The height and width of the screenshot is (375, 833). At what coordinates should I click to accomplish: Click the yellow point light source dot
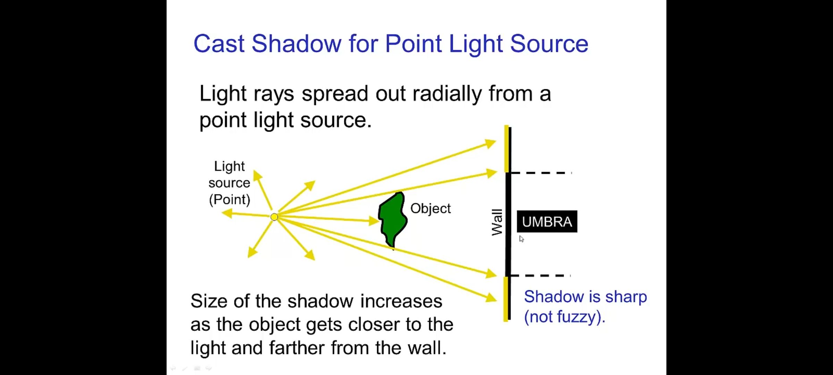coord(274,217)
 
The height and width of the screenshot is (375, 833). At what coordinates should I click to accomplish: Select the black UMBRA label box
coord(547,222)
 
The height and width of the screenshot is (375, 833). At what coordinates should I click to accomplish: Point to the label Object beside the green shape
coord(430,208)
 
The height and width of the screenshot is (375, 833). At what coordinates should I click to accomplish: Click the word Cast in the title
coord(219,44)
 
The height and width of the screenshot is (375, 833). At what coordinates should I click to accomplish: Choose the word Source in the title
coord(549,44)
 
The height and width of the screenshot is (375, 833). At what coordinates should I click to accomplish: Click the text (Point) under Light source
coord(229,200)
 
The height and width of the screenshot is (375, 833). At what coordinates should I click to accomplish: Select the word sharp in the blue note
coord(626,297)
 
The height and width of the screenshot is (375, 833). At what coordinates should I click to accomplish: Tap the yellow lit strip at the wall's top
coord(506,149)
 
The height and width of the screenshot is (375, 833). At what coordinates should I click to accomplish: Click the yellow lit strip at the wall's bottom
coord(506,299)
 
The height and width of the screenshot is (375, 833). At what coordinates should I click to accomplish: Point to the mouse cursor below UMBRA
coord(521,239)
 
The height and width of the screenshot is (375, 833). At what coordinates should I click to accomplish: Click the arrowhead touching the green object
coord(374,220)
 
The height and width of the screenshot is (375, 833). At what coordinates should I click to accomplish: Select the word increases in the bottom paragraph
coord(401,301)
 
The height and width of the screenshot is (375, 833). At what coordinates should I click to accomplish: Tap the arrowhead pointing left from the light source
coord(227,213)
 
